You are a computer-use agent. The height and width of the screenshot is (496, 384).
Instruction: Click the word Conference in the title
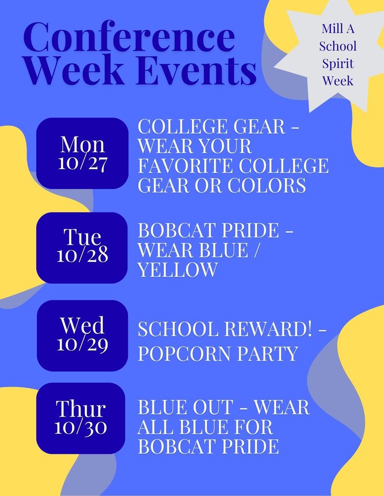(129, 38)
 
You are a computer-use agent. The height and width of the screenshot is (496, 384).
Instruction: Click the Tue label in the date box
(82, 238)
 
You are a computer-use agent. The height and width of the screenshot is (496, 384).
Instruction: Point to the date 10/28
(82, 255)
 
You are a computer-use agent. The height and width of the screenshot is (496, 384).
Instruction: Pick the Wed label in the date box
(82, 326)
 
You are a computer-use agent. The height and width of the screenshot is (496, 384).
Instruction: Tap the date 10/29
(82, 343)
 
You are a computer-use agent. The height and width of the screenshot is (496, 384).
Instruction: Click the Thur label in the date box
(81, 409)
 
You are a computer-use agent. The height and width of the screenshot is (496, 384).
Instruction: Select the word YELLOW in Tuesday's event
(177, 270)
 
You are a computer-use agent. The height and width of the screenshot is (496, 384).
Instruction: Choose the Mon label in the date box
(82, 144)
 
